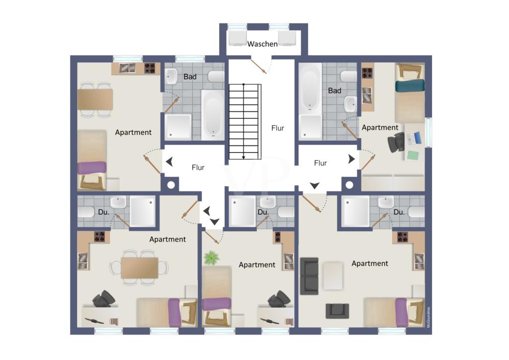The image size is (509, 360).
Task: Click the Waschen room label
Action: click(262, 44)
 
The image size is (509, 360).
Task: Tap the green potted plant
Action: click(211, 258)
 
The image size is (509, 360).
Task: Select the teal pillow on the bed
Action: click(410, 86)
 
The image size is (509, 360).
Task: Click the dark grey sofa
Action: click(309, 276)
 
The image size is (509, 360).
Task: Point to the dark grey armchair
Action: click(338, 311)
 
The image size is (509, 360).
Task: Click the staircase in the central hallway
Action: click(245, 121)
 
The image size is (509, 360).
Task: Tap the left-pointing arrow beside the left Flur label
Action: click(169, 161)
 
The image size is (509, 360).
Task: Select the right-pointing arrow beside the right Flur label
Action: click(351, 159)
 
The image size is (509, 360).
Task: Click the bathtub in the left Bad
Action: click(213, 114)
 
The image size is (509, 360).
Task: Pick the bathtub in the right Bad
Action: click(310, 88)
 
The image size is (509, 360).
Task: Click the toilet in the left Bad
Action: click(216, 76)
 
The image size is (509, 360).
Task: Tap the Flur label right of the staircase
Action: click(277, 128)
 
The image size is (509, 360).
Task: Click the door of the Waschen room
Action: click(258, 66)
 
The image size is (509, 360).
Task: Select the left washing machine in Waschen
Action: click(238, 38)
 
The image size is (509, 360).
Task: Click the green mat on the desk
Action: click(413, 155)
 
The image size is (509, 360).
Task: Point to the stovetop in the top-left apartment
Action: click(150, 68)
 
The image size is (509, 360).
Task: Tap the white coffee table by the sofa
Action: click(333, 276)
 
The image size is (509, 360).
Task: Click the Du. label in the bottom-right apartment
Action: click(399, 212)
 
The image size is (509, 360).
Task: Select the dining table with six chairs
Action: click(140, 268)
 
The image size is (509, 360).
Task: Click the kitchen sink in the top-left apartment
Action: click(128, 68)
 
